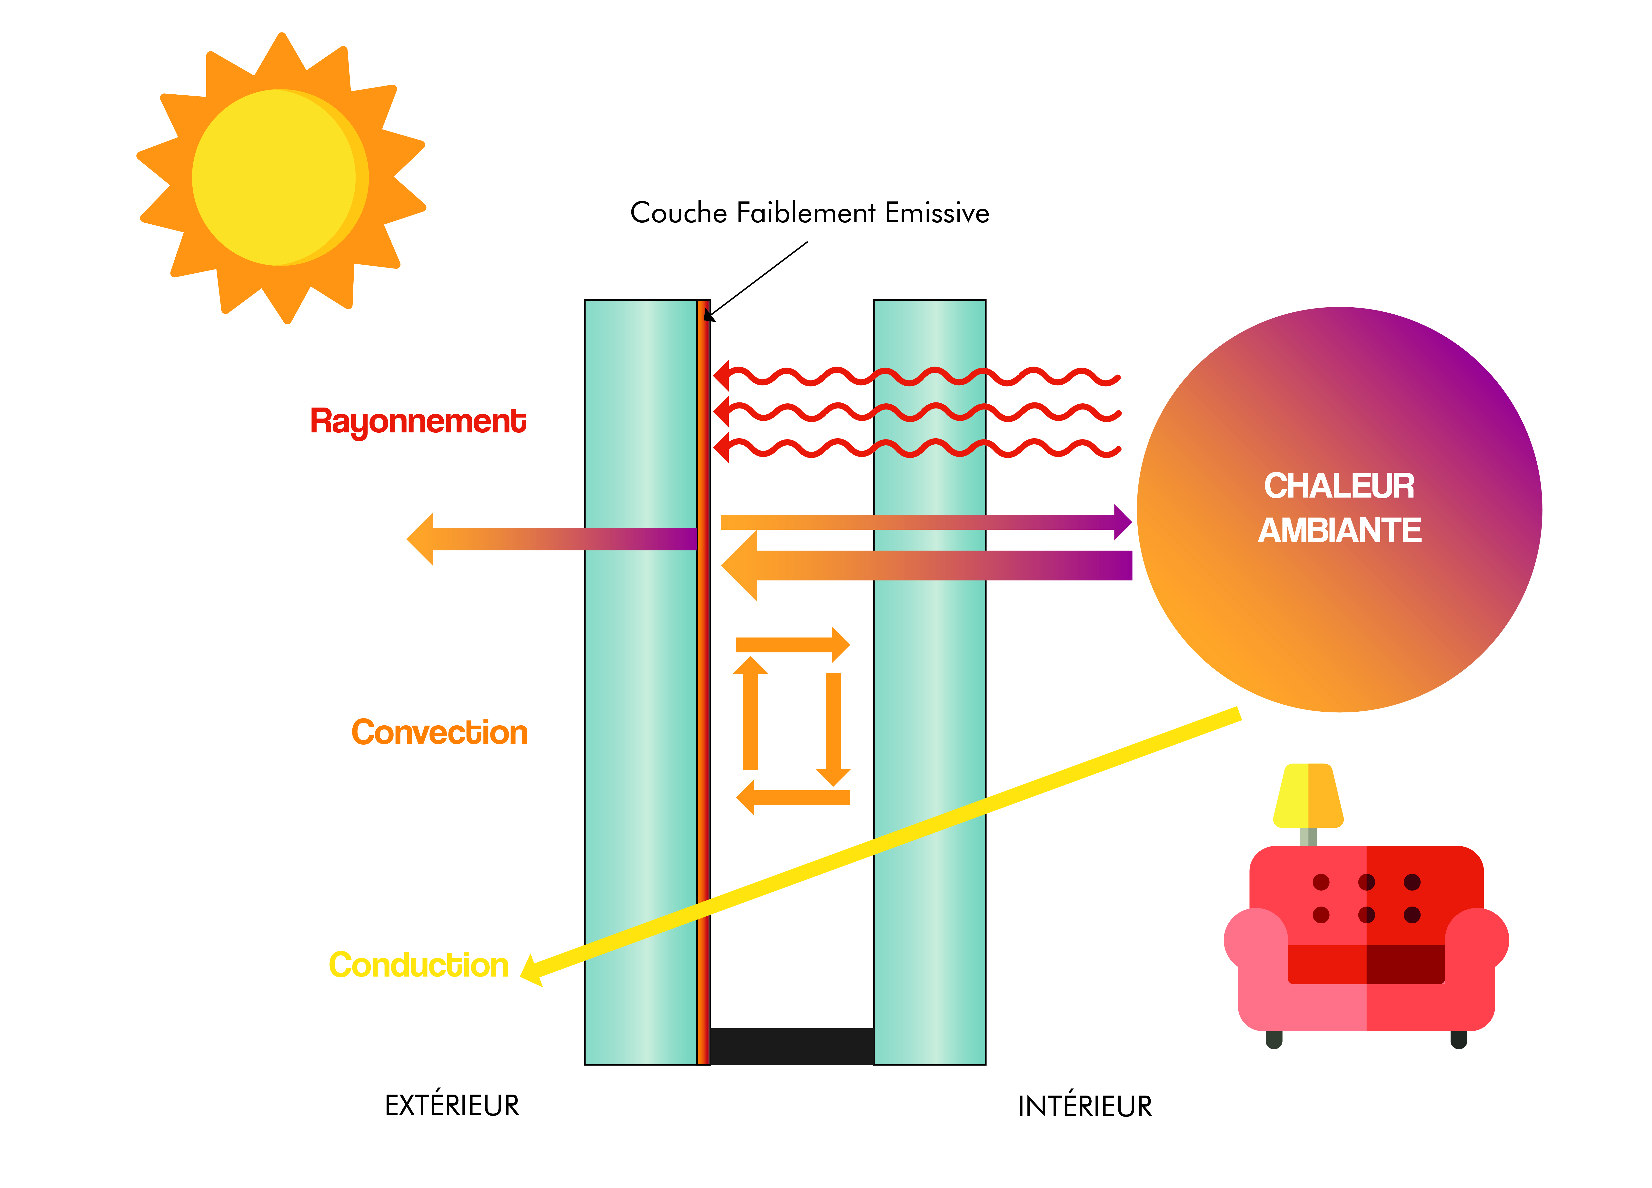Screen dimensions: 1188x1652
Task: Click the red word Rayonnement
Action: click(x=418, y=422)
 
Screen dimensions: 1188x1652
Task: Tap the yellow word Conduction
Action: click(x=418, y=965)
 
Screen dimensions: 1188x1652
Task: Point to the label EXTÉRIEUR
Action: click(x=452, y=1106)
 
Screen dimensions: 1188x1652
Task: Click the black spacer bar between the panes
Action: click(x=792, y=1046)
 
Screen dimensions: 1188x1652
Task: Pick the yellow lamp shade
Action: click(x=1308, y=795)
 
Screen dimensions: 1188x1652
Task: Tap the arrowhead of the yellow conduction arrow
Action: click(x=532, y=971)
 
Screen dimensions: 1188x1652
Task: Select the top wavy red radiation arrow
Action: click(x=918, y=377)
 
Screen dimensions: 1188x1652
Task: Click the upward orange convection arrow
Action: click(x=750, y=714)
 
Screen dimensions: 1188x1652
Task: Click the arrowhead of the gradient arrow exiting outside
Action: click(x=421, y=539)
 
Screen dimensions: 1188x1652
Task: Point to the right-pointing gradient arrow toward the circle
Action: click(x=925, y=521)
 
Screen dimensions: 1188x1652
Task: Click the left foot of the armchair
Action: click(x=1274, y=1039)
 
